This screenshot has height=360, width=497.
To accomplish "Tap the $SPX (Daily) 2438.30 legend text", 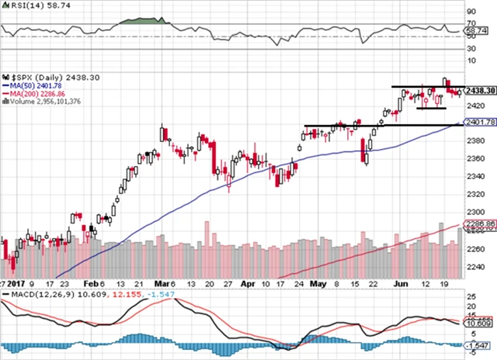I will (x=40, y=78).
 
